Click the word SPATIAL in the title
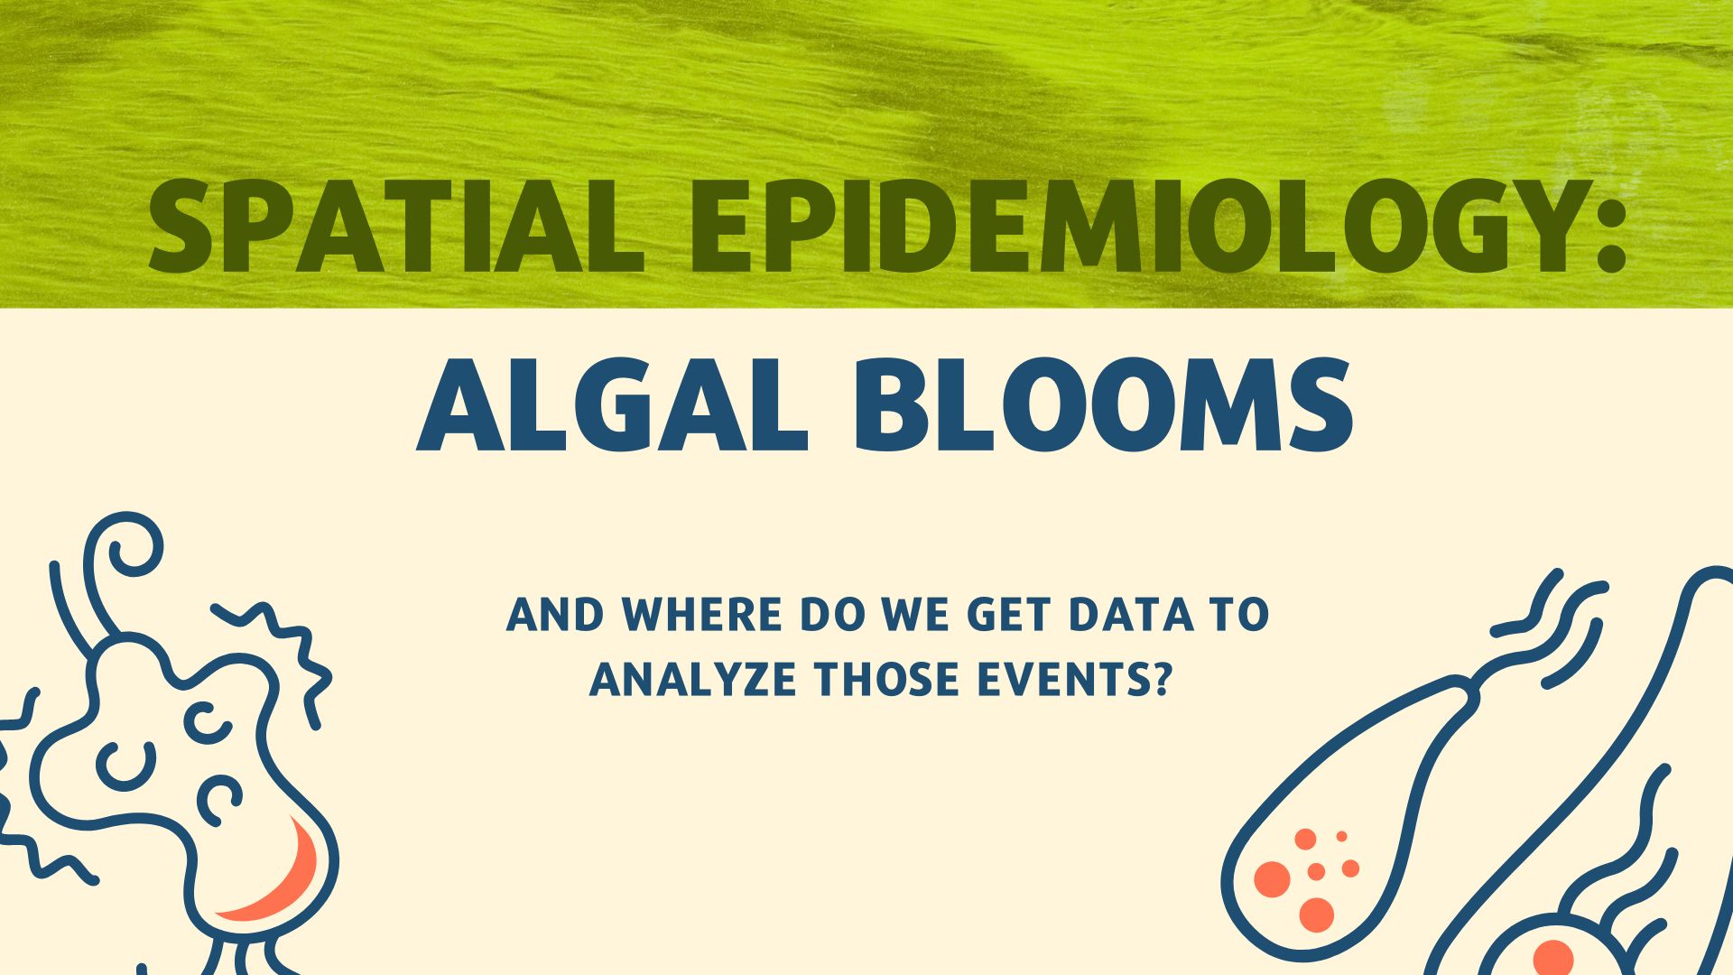coord(396,226)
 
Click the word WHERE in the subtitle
coord(702,615)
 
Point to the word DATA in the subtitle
coord(1131,615)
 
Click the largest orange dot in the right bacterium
coord(1273,879)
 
